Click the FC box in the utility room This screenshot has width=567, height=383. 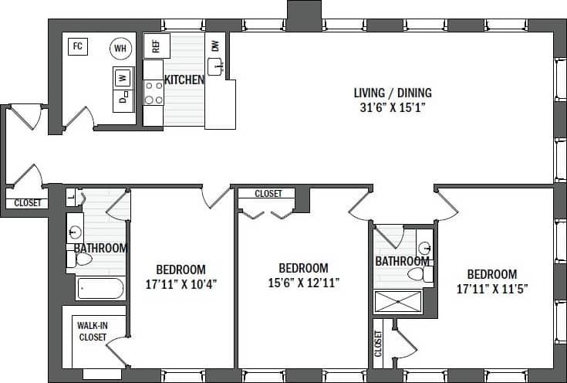tap(77, 46)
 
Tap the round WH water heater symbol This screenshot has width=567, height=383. tap(120, 48)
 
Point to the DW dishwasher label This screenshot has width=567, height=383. tap(215, 45)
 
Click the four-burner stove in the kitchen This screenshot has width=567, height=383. tap(154, 93)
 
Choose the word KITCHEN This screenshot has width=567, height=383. tap(184, 80)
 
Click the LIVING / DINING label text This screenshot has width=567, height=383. tap(393, 93)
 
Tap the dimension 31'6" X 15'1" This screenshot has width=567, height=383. tap(393, 108)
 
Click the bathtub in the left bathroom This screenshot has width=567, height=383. tap(100, 290)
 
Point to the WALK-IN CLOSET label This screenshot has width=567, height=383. tap(93, 331)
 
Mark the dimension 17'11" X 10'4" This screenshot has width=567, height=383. tap(181, 283)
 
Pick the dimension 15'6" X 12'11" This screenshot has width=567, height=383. tap(303, 283)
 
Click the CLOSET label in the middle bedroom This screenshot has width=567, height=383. tap(268, 194)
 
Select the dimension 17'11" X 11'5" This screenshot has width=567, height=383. tap(491, 289)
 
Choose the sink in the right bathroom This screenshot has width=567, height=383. tap(424, 249)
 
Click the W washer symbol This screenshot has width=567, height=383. tap(122, 77)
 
